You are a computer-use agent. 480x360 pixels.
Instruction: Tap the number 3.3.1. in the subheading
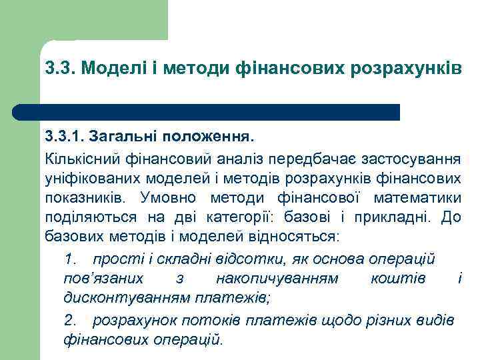pyautogui.click(x=67, y=138)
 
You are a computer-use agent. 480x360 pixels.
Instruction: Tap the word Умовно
pyautogui.click(x=170, y=198)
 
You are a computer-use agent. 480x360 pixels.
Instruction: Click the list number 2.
pyautogui.click(x=71, y=320)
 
